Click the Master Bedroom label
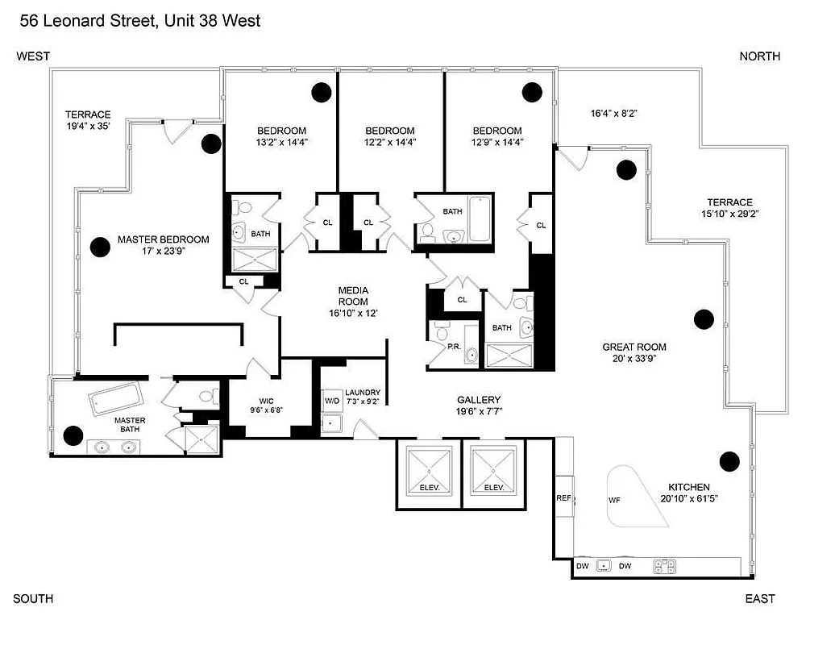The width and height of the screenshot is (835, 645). pos(163,239)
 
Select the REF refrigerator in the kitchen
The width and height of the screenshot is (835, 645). pos(563,498)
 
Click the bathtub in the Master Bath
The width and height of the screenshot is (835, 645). pos(115,397)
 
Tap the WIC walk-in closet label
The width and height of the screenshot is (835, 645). pos(268,400)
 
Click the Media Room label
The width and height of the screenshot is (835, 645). pos(352,296)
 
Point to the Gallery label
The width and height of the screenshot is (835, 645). pos(479,400)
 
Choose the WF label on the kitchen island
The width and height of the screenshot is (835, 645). pos(615,500)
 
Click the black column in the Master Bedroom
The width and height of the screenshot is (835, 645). pos(100,248)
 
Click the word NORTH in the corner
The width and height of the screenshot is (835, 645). pos(759,56)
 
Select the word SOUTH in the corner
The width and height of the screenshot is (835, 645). pos(34,598)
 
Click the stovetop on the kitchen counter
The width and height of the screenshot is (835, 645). pos(665,566)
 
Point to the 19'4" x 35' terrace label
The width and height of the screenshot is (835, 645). pos(88,120)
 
